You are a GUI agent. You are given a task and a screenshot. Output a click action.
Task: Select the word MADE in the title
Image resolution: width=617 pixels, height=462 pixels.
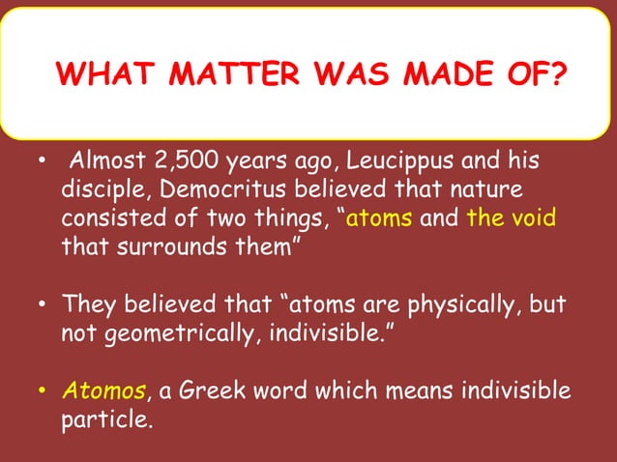[x=434, y=75]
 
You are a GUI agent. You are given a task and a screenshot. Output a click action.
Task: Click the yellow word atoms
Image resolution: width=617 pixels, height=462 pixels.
[x=379, y=217]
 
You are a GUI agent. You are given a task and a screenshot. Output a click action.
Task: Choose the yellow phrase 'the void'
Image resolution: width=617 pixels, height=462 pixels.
[x=512, y=217]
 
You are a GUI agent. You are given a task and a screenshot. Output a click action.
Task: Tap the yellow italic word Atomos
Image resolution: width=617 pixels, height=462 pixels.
[x=103, y=392]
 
